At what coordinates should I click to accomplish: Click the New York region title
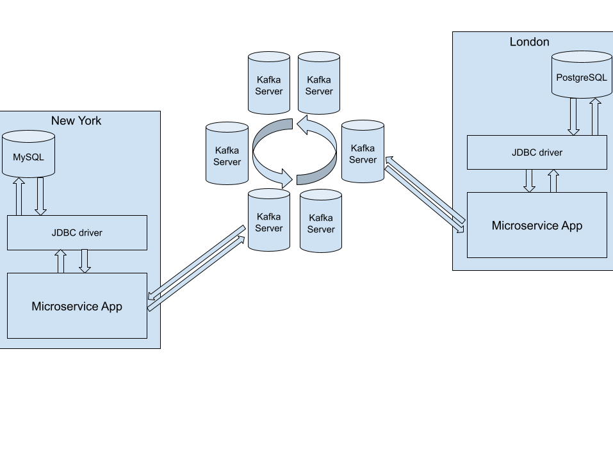pyautogui.click(x=76, y=120)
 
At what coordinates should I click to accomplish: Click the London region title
pyautogui.click(x=529, y=42)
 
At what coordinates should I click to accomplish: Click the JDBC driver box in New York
pyautogui.click(x=77, y=232)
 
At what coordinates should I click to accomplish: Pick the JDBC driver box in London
pyautogui.click(x=537, y=152)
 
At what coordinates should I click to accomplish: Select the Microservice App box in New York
pyautogui.click(x=77, y=306)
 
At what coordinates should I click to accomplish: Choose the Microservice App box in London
pyautogui.click(x=537, y=225)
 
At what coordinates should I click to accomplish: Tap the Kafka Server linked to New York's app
pyautogui.click(x=269, y=220)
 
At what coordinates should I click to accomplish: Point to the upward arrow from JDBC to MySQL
pyautogui.click(x=19, y=197)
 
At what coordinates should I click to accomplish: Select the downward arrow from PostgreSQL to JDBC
pyautogui.click(x=573, y=117)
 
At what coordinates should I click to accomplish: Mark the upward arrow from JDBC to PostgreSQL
pyautogui.click(x=595, y=117)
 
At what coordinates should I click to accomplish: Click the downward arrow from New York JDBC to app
pyautogui.click(x=84, y=261)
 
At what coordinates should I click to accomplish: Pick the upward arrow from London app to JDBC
pyautogui.click(x=553, y=181)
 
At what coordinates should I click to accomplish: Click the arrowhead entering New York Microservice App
pyautogui.click(x=152, y=296)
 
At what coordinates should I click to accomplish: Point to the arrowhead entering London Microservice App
pyautogui.click(x=460, y=227)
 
